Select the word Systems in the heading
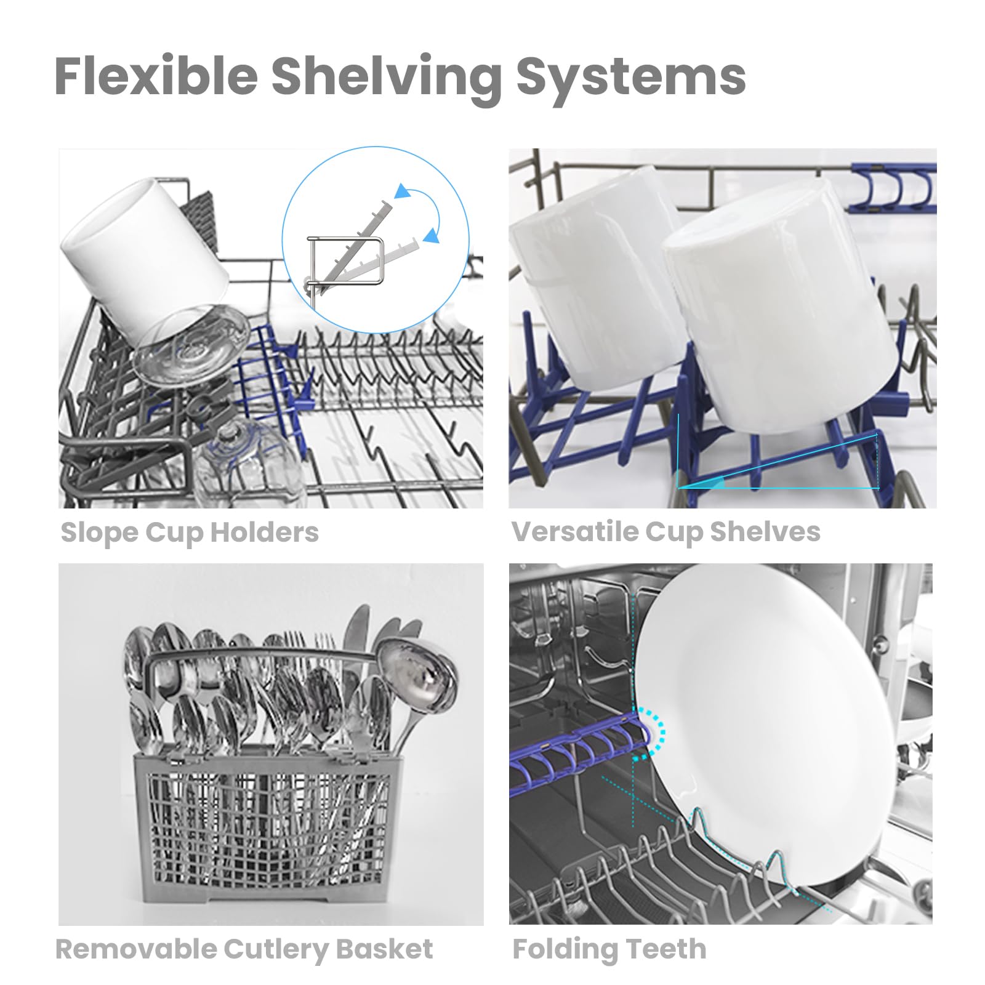[x=631, y=78]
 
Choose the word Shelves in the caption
[x=765, y=531]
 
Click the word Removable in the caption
[x=135, y=949]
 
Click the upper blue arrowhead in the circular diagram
[x=403, y=191]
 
